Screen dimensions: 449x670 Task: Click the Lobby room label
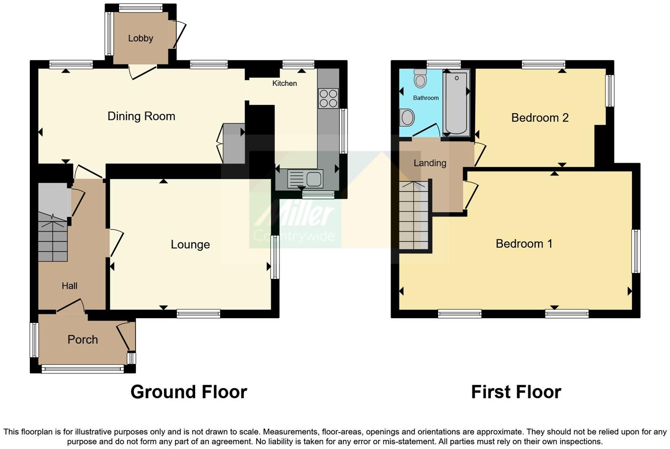click(140, 38)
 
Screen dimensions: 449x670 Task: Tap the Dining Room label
click(141, 116)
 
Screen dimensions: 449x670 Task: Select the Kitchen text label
click(284, 83)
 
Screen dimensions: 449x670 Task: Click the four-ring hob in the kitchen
click(328, 98)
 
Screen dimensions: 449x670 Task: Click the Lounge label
click(190, 244)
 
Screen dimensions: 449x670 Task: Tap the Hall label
click(70, 286)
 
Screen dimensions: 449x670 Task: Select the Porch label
click(82, 340)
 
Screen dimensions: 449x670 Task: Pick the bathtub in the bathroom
click(455, 103)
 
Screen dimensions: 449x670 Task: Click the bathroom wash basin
click(407, 117)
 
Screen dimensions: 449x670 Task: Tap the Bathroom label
click(426, 98)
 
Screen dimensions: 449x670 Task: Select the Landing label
click(430, 163)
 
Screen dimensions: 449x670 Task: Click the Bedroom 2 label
click(540, 117)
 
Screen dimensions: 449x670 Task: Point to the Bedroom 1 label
click(524, 243)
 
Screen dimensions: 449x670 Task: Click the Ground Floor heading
click(189, 392)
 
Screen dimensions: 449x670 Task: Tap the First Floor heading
click(516, 392)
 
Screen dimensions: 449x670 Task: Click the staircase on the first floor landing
click(414, 216)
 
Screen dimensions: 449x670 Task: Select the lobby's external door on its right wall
click(179, 35)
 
